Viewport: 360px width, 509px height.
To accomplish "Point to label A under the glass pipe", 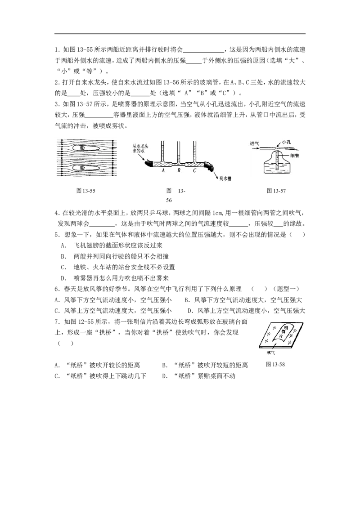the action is point(163,170).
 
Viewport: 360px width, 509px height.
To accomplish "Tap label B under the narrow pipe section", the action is point(179,170).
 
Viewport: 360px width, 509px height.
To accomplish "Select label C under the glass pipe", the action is point(194,170).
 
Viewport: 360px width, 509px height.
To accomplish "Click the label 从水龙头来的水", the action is point(140,149).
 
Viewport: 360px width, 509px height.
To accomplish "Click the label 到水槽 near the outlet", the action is point(225,179).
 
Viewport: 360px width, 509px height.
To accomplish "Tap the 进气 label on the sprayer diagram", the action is point(254,143).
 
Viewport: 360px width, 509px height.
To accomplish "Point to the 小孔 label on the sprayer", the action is point(286,142).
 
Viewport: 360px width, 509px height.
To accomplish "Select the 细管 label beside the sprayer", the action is point(294,156).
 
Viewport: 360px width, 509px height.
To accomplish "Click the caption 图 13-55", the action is point(86,191).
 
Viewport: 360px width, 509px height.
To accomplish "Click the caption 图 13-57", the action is point(276,191).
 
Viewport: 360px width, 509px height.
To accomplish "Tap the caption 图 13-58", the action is point(275,364).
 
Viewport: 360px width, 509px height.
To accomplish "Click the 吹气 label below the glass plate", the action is point(270,353).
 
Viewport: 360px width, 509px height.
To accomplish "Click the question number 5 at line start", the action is point(56,235).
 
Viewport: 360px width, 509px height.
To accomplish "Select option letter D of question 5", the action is point(63,278).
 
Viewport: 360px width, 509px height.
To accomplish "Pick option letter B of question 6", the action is point(187,300).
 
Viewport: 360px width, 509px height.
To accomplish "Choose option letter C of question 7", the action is point(57,376).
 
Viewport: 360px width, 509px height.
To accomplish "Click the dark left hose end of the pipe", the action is point(149,163).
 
